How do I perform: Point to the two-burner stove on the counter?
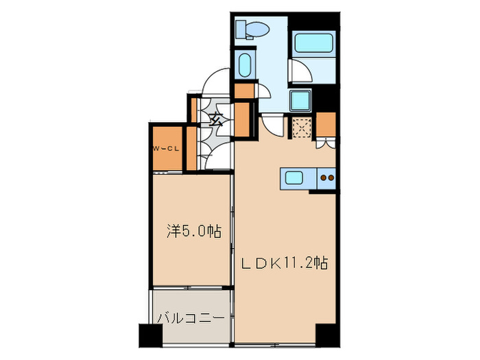point(326,178)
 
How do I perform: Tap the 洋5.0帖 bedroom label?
point(193,232)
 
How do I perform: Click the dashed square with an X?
point(300,127)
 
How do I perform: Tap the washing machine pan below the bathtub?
point(300,101)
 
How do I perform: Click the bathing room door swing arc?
point(299,72)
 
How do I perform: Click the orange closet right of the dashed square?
point(326,124)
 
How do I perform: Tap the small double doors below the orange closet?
point(325,143)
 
